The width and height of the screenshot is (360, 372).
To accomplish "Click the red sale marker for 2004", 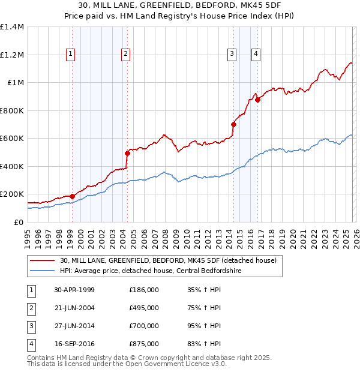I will [x=127, y=153].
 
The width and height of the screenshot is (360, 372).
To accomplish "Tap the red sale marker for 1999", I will [x=72, y=196].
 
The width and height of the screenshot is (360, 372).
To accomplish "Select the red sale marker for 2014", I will [x=233, y=125].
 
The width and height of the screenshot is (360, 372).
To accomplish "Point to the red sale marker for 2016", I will [x=257, y=100].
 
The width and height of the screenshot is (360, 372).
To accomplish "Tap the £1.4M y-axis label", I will [x=12, y=27].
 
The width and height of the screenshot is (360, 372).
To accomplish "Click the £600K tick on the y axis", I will [x=12, y=139].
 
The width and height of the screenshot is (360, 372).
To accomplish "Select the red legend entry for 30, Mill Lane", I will [x=167, y=260].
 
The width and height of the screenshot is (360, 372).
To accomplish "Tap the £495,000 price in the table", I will [x=144, y=307].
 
